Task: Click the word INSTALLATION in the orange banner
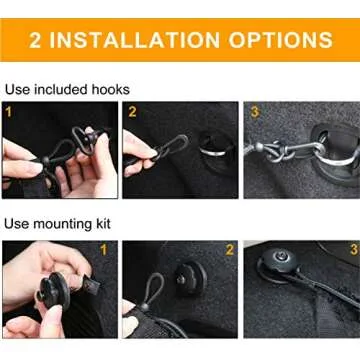134,40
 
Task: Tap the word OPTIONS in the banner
281,40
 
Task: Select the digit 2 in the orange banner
35,40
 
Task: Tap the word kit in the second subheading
102,224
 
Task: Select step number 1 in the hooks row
9,112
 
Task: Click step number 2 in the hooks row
132,112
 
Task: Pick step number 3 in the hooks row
255,112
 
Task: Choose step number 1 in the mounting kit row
104,250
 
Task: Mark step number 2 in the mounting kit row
229,250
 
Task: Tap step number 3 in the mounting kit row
354,249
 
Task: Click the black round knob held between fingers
53,289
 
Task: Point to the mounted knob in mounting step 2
191,279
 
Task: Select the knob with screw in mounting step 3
280,260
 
